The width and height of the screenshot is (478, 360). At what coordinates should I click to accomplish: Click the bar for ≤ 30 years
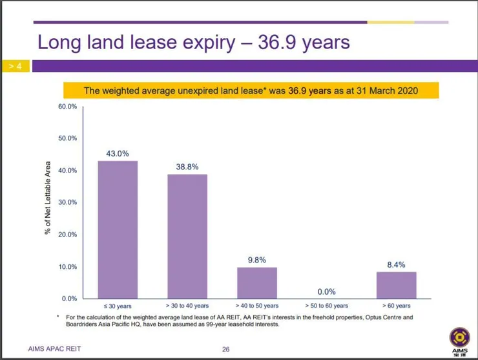tap(118, 229)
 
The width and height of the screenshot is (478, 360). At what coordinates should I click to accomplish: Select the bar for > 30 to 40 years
tap(187, 236)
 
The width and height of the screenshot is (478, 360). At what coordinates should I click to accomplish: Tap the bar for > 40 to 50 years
tap(257, 282)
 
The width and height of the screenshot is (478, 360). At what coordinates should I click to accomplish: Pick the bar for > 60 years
tap(396, 285)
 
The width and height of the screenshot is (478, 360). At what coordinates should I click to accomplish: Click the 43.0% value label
tap(118, 154)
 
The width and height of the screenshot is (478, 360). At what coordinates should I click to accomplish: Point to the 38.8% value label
tap(187, 167)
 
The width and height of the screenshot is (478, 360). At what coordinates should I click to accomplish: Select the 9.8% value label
tap(257, 260)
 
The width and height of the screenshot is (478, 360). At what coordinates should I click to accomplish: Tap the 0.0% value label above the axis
tap(326, 291)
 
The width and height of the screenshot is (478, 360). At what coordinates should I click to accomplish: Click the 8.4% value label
tap(396, 264)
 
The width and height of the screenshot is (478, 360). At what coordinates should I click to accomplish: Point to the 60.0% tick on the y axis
tap(68, 106)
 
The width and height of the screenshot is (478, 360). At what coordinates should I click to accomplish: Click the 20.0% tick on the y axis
tap(68, 235)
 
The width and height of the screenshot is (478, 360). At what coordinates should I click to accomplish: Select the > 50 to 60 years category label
tap(326, 306)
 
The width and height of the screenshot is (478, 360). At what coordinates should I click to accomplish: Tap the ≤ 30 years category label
tap(118, 306)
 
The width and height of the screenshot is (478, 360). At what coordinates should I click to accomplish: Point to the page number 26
tap(226, 350)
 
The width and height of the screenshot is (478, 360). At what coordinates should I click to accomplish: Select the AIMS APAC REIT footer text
tap(56, 350)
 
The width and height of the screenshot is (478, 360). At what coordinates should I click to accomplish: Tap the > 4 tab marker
tap(15, 66)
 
